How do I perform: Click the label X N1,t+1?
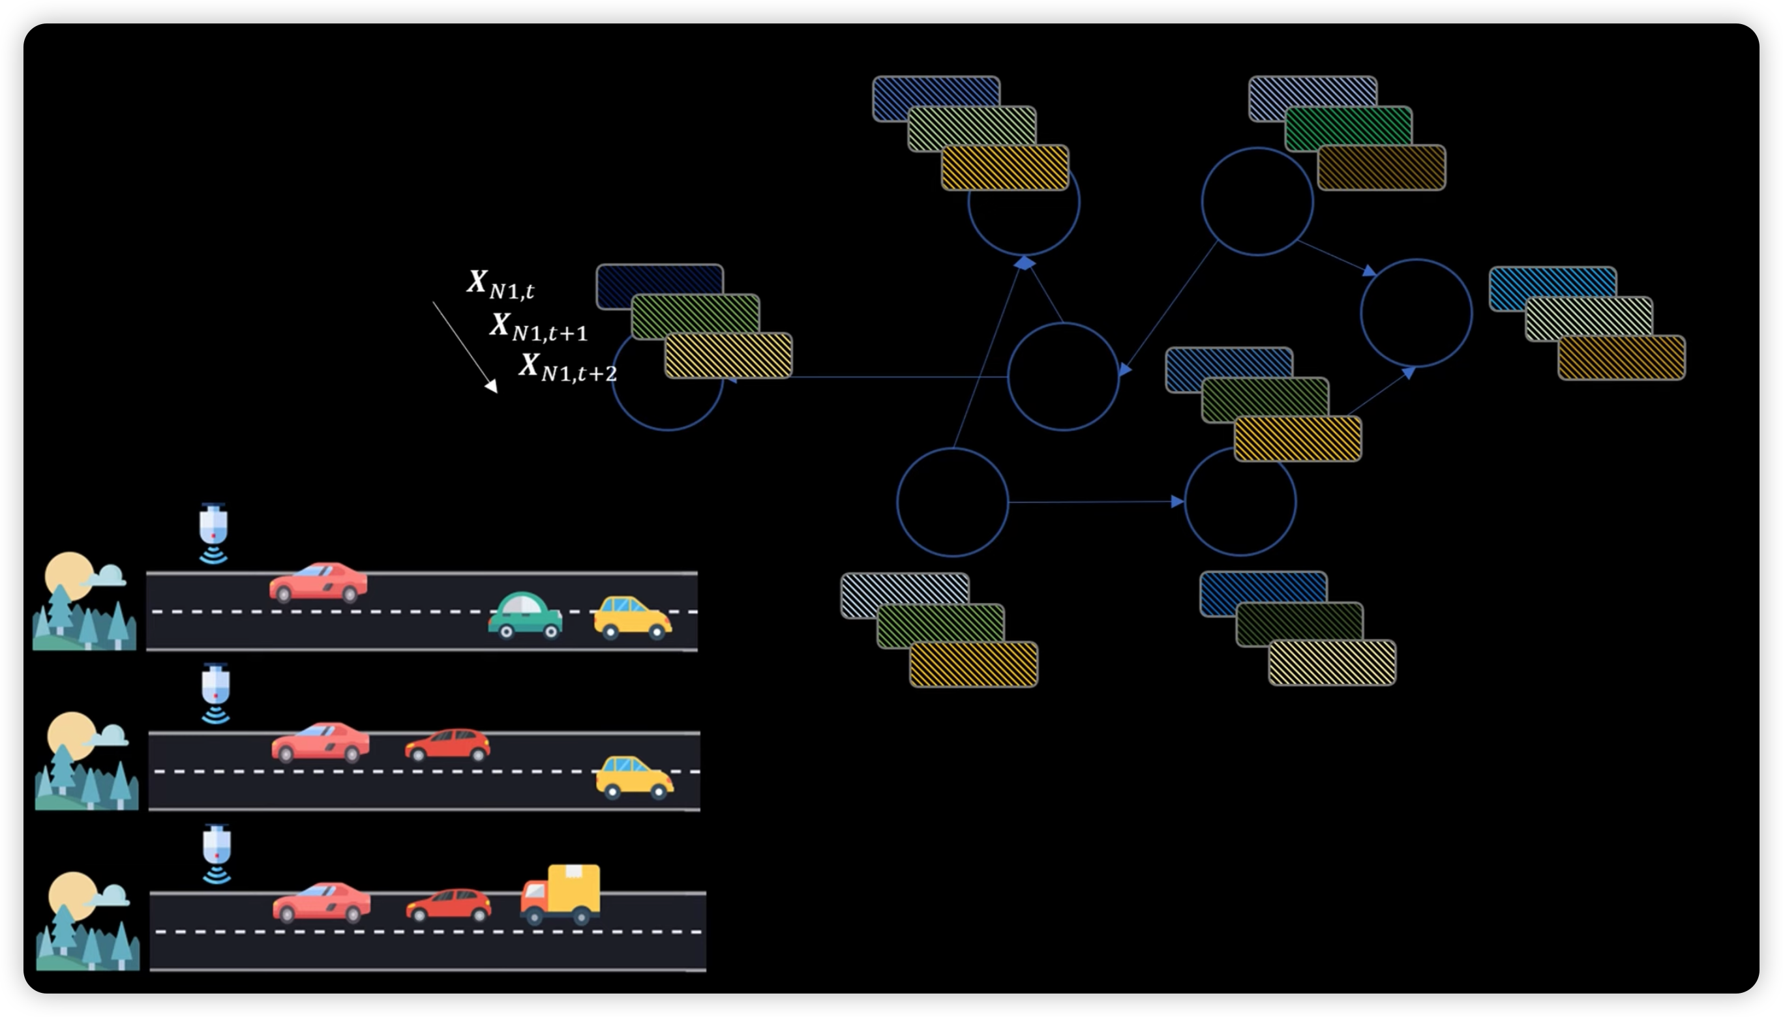tap(539, 327)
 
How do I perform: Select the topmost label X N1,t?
tap(500, 284)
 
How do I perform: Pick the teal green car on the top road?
tap(525, 615)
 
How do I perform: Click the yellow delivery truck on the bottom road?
tap(560, 894)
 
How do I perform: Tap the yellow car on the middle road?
tap(634, 776)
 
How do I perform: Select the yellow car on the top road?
tap(633, 617)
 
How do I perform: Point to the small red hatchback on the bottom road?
tap(449, 906)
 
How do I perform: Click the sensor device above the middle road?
tap(215, 692)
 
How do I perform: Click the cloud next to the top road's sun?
tap(106, 577)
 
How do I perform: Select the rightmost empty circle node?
tap(1416, 313)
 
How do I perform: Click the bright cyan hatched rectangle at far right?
tap(1552, 288)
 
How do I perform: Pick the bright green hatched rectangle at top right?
tap(1349, 128)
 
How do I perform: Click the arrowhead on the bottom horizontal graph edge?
tap(1177, 501)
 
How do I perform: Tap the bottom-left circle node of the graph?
tap(952, 502)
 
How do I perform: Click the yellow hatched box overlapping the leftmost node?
tap(728, 355)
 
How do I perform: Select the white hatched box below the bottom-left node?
tap(905, 596)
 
